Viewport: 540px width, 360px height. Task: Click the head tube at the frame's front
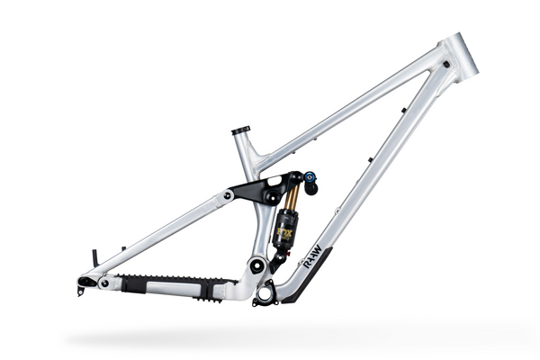click(458, 55)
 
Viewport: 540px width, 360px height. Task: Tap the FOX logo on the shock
click(285, 231)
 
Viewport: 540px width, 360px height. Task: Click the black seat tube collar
click(240, 131)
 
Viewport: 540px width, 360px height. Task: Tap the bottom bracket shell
click(265, 292)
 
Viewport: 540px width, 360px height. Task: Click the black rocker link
click(256, 187)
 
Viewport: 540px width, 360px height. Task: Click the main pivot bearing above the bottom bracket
click(256, 265)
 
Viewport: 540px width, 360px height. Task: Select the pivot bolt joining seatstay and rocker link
click(228, 194)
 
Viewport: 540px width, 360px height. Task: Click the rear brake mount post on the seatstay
click(94, 259)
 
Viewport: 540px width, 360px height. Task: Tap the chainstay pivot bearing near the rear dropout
click(104, 283)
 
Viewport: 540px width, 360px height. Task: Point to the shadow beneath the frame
click(270, 337)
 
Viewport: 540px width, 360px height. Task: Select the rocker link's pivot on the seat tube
click(269, 195)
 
